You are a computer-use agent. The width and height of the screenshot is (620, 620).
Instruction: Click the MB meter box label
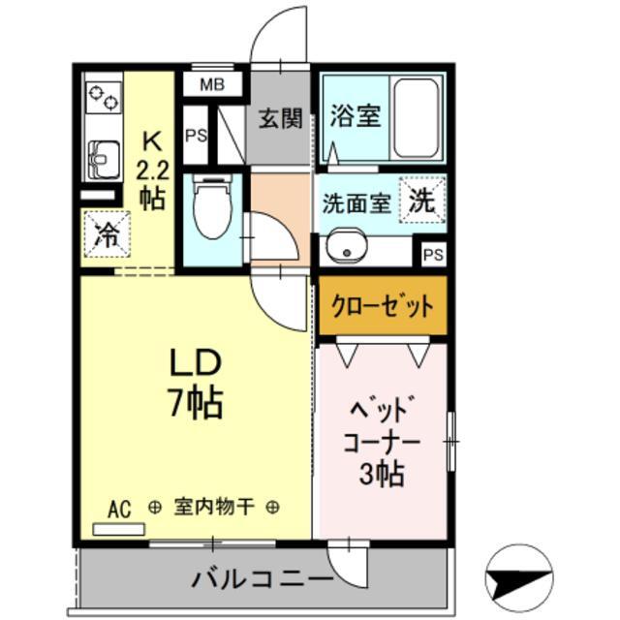coord(211,85)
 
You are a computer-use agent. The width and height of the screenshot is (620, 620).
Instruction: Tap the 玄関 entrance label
coord(279,118)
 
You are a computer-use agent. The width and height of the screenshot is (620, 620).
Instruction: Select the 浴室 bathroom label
coord(354,116)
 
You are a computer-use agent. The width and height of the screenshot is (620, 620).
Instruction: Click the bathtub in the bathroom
coord(418,117)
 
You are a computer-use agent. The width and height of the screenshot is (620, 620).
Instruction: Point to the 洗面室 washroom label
coord(356,204)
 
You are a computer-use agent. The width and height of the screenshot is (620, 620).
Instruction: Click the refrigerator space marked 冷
coord(108,233)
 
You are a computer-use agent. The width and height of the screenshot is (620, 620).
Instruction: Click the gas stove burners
coord(103,97)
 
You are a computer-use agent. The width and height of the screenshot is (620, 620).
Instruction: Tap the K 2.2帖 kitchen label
coord(151,170)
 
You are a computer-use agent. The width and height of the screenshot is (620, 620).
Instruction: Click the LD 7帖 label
coord(197,383)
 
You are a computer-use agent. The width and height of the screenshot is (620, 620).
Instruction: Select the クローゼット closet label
coord(382,308)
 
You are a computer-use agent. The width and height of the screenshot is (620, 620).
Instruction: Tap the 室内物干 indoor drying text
coord(214,507)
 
